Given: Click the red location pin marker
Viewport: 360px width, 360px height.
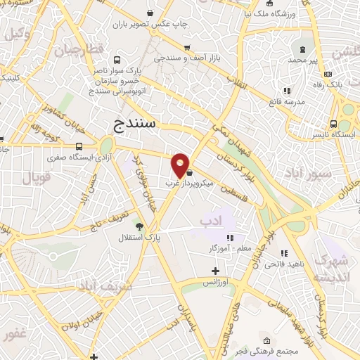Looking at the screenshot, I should pyautogui.click(x=181, y=165).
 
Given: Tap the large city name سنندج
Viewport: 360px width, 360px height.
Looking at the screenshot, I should pyautogui.click(x=137, y=124).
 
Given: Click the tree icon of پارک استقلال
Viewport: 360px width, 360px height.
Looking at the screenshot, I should pyautogui.click(x=139, y=226).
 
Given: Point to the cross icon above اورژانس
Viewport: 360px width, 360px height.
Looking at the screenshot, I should pyautogui.click(x=216, y=271).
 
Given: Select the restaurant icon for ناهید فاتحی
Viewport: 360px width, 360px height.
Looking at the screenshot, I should pyautogui.click(x=284, y=253).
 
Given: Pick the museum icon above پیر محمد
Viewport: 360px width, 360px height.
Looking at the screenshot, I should pyautogui.click(x=303, y=50).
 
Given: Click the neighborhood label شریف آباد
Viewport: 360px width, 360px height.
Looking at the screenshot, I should pyautogui.click(x=105, y=287).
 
